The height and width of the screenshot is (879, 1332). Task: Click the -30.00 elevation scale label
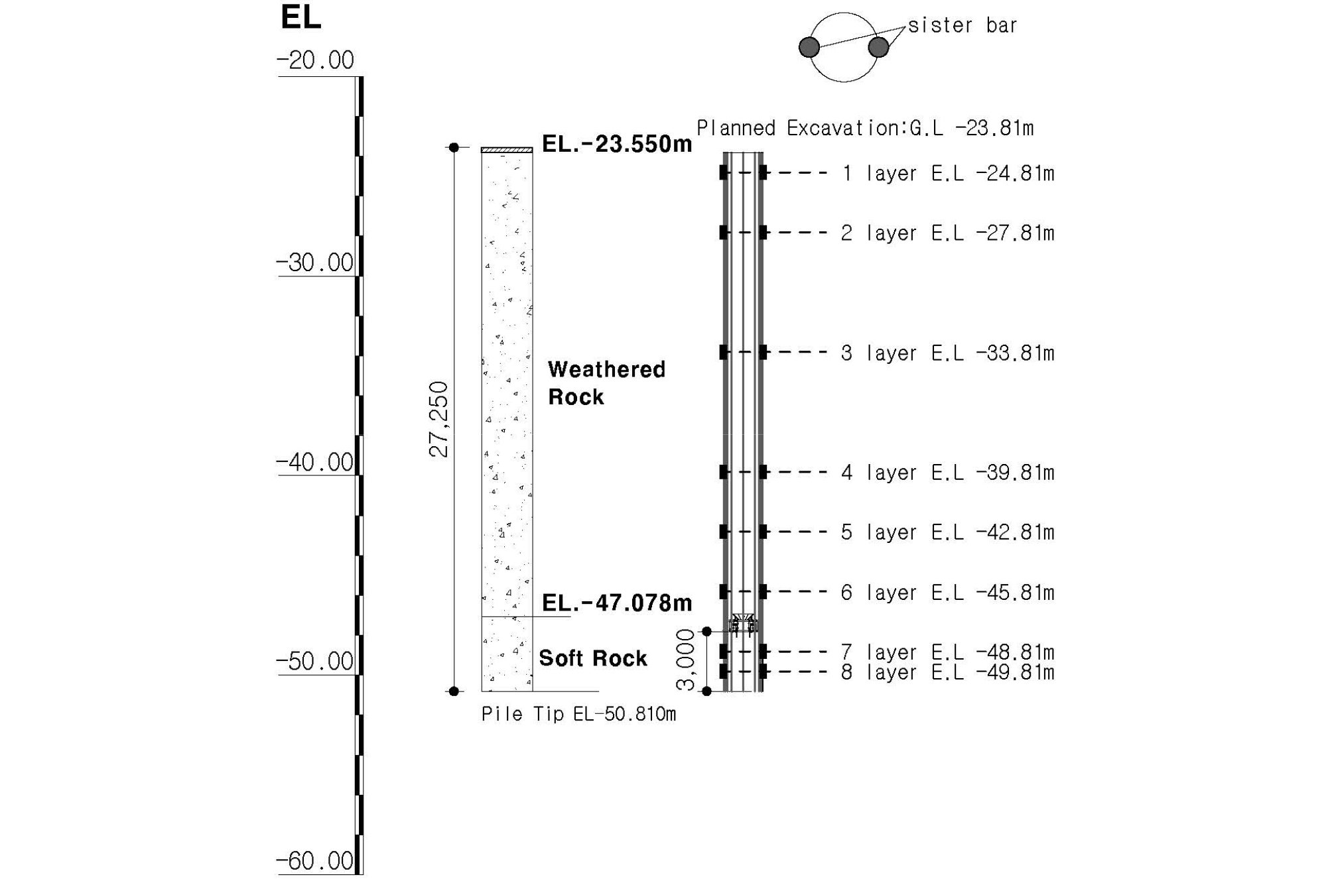coord(315,263)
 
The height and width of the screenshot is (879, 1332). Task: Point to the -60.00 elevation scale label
coord(315,860)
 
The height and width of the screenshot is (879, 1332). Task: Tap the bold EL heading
coord(301,17)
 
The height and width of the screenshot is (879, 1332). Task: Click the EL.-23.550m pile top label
coord(617,144)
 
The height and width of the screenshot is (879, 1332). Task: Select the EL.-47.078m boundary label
coord(617,603)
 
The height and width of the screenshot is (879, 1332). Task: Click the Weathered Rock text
coord(606,383)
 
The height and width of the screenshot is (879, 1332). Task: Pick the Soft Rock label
coord(593,658)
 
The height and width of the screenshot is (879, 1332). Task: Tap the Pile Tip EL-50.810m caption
coord(578,714)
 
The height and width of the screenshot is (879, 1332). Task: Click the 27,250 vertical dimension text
coord(439,419)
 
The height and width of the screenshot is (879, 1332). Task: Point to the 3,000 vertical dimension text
coord(685,660)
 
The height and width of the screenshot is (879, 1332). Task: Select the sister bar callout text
coord(963,25)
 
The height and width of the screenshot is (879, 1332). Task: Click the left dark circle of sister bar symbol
coord(809,47)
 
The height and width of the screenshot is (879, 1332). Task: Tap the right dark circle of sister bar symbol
coord(878,47)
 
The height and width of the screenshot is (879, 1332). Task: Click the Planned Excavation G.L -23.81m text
coord(865,128)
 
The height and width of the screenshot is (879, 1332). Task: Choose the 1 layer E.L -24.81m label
coord(948,174)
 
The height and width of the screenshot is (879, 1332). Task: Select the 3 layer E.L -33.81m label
coord(948,353)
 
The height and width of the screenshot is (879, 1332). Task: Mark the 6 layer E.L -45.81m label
coord(948,593)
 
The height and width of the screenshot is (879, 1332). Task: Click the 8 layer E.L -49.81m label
coord(948,672)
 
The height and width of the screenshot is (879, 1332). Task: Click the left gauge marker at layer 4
coord(724,472)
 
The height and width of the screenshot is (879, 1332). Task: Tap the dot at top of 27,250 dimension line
coord(454,147)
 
